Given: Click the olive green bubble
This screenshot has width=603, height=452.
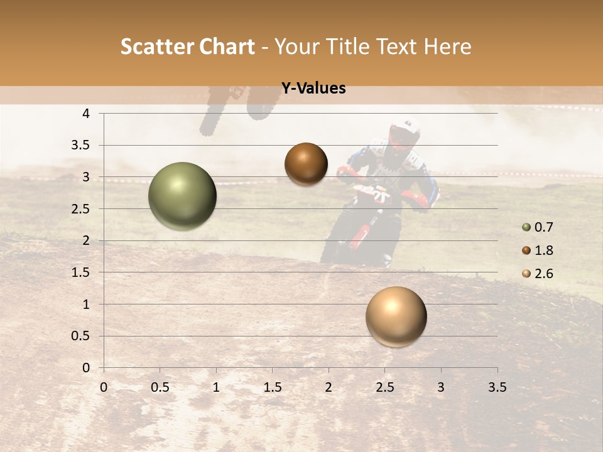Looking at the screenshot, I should tap(182, 196).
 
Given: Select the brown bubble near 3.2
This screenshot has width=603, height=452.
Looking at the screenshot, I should tap(306, 164).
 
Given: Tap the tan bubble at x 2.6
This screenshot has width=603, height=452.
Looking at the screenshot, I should tap(396, 316).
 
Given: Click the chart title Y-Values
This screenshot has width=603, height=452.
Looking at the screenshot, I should tap(313, 89).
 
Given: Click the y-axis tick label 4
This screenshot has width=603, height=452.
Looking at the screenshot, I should tap(87, 114).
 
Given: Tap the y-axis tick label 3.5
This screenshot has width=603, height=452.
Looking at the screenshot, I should tap(81, 145).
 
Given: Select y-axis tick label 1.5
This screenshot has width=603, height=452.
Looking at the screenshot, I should tap(81, 272).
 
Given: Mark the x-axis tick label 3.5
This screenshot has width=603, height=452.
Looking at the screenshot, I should tap(497, 387).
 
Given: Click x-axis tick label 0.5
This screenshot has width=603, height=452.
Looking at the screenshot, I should tap(160, 387).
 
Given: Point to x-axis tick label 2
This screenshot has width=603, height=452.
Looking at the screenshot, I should tap(329, 387).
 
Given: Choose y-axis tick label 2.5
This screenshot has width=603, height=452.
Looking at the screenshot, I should tap(81, 208).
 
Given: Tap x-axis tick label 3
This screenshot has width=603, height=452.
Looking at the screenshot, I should tap(440, 387).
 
